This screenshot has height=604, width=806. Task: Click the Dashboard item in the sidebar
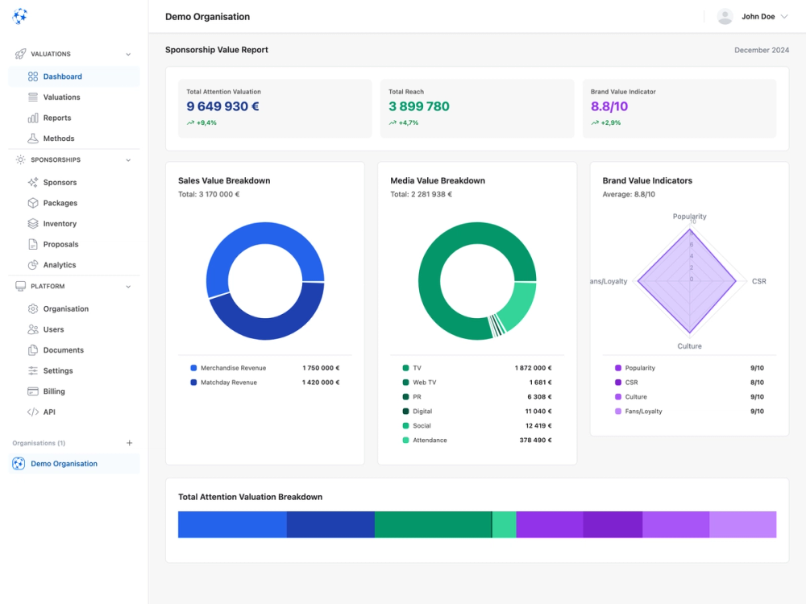pyautogui.click(x=62, y=77)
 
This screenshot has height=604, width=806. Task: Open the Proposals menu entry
pyautogui.click(x=60, y=244)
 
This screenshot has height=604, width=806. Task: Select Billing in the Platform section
pyautogui.click(x=54, y=391)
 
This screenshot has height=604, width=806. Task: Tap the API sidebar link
pyautogui.click(x=49, y=412)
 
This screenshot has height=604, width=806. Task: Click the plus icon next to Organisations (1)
pyautogui.click(x=129, y=443)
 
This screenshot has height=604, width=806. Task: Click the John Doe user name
pyautogui.click(x=758, y=16)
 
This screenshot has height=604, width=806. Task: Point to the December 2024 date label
pyautogui.click(x=762, y=50)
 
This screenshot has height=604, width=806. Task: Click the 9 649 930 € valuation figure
pyautogui.click(x=222, y=106)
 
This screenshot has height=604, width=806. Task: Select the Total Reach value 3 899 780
pyautogui.click(x=418, y=106)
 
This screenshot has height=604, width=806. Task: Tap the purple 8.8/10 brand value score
pyautogui.click(x=609, y=106)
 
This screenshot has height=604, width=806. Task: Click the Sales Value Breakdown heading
pyautogui.click(x=224, y=180)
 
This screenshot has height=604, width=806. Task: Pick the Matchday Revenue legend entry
pyautogui.click(x=228, y=383)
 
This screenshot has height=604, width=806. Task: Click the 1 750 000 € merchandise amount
pyautogui.click(x=321, y=368)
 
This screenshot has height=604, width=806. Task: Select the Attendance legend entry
pyautogui.click(x=430, y=441)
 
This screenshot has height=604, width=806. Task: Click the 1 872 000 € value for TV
pyautogui.click(x=533, y=368)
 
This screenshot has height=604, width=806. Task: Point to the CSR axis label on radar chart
pyautogui.click(x=758, y=281)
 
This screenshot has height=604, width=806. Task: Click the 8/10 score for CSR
pyautogui.click(x=757, y=383)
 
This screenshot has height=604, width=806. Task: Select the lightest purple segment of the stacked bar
pyautogui.click(x=742, y=524)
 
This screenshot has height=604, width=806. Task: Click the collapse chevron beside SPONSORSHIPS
pyautogui.click(x=128, y=160)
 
